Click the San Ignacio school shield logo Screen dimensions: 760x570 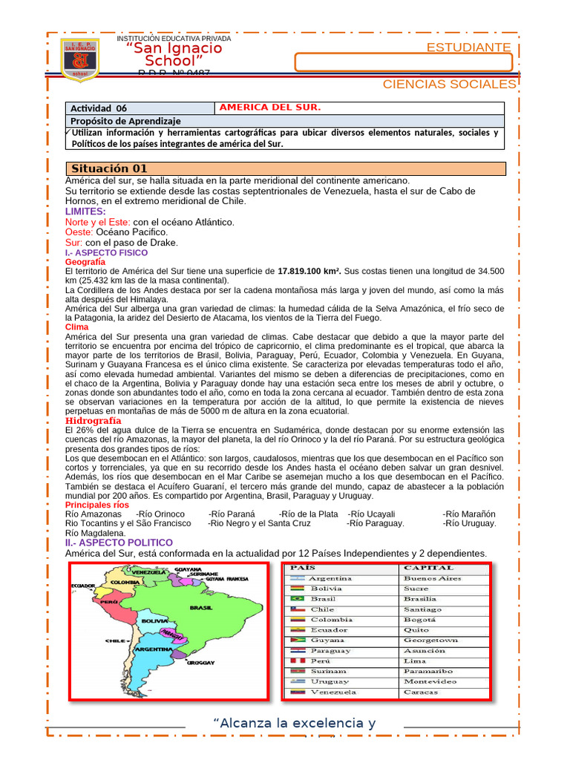pyautogui.click(x=79, y=59)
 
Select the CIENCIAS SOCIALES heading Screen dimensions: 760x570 pyautogui.click(x=448, y=84)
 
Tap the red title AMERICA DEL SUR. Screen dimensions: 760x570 pyautogui.click(x=270, y=108)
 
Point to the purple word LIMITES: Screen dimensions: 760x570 pyautogui.click(x=85, y=212)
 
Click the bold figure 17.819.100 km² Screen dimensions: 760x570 pyautogui.click(x=309, y=272)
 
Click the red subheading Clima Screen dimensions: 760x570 pyautogui.click(x=76, y=327)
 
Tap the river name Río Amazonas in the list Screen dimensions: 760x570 pyautogui.click(x=94, y=514)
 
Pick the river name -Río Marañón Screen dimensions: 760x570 pyautogui.click(x=469, y=514)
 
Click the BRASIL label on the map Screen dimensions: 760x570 pyautogui.click(x=201, y=607)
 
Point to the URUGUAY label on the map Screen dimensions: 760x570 pyautogui.click(x=200, y=662)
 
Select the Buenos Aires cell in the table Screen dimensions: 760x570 pyautogui.click(x=432, y=578)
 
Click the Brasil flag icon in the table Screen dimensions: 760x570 pyautogui.click(x=297, y=598)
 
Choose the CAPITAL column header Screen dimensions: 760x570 pyautogui.click(x=428, y=568)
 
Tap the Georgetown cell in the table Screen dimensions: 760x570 pyautogui.click(x=430, y=640)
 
